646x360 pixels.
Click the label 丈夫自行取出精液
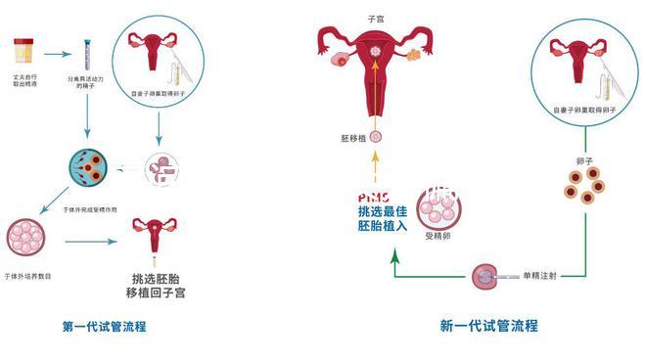click(x=26, y=78)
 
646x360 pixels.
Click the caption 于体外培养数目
click(x=28, y=277)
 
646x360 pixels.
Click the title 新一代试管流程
click(x=488, y=326)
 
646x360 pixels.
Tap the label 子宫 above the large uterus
click(x=375, y=19)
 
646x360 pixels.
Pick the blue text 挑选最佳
click(x=384, y=211)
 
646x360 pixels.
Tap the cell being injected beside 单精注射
click(x=484, y=277)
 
